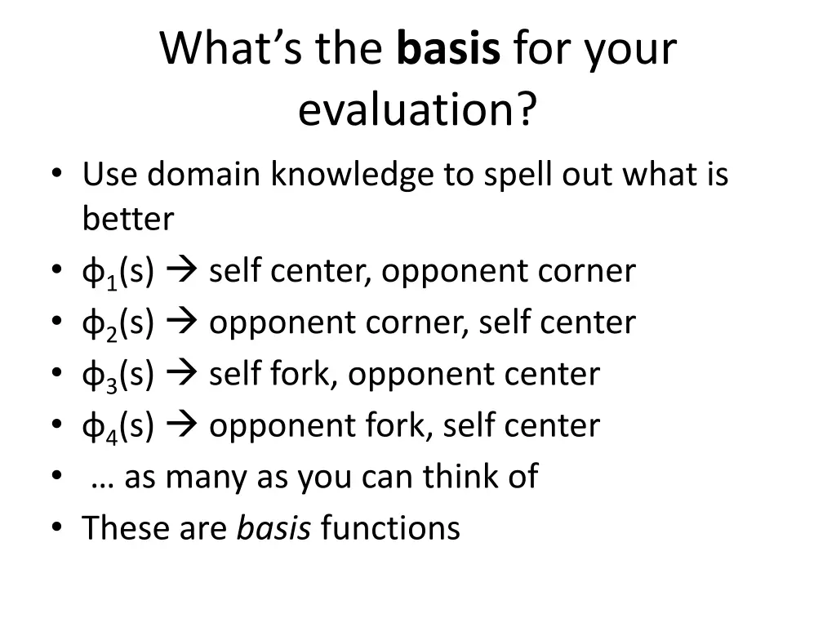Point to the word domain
pos(206,175)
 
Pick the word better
pos(128,219)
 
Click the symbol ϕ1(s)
pos(118,272)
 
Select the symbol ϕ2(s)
pos(118,323)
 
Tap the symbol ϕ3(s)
pos(118,375)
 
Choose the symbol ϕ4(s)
pos(118,426)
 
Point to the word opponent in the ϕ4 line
pos(274,426)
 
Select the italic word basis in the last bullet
pos(273,528)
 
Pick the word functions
pos(390,528)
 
